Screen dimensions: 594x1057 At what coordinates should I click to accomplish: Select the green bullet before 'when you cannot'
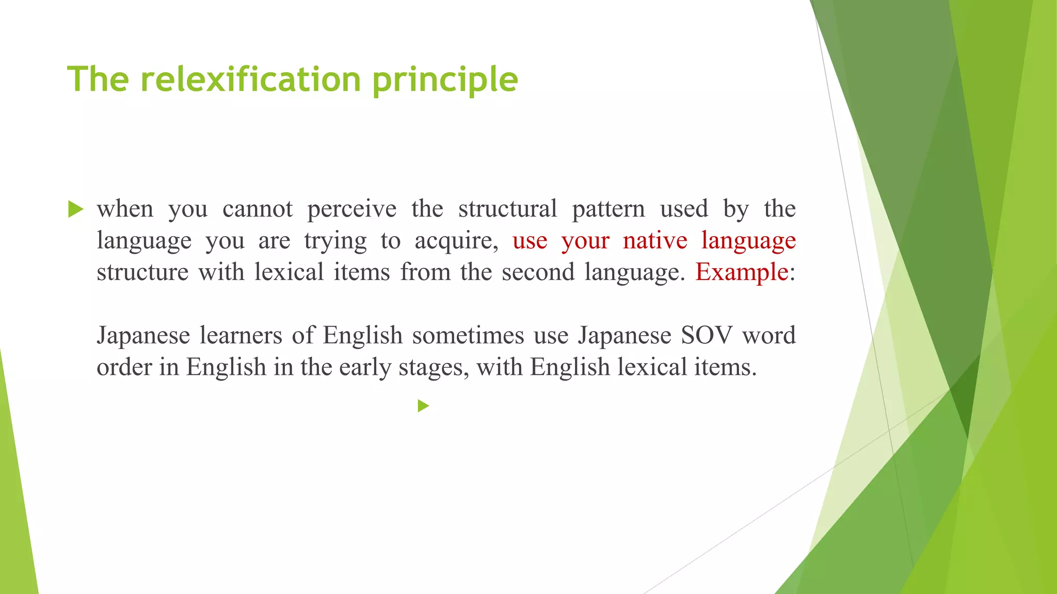point(75,209)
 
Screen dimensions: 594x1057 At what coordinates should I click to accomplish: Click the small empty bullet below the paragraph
point(423,406)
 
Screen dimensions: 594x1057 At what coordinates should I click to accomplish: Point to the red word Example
point(742,272)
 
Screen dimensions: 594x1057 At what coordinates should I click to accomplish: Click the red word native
point(655,240)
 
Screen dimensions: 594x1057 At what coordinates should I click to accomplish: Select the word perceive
point(352,209)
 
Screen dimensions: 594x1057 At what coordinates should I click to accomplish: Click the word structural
point(507,209)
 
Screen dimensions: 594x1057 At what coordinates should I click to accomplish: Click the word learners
point(241,335)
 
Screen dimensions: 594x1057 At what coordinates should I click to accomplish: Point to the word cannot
point(258,209)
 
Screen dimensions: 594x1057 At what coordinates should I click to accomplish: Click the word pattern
point(608,209)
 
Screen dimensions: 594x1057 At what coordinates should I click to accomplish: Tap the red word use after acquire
point(530,241)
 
